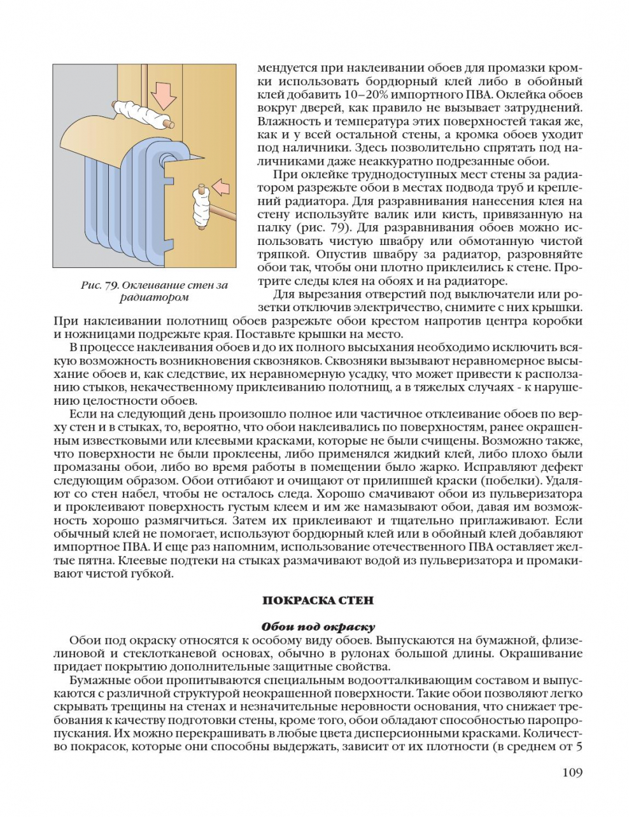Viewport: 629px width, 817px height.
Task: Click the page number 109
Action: coord(572,772)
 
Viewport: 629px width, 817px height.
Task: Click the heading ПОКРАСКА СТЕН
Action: coord(318,600)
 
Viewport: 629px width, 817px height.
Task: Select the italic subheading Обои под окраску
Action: coord(318,627)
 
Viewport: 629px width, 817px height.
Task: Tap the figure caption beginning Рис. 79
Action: coord(154,291)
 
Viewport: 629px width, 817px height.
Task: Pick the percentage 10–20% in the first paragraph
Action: coord(344,95)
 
